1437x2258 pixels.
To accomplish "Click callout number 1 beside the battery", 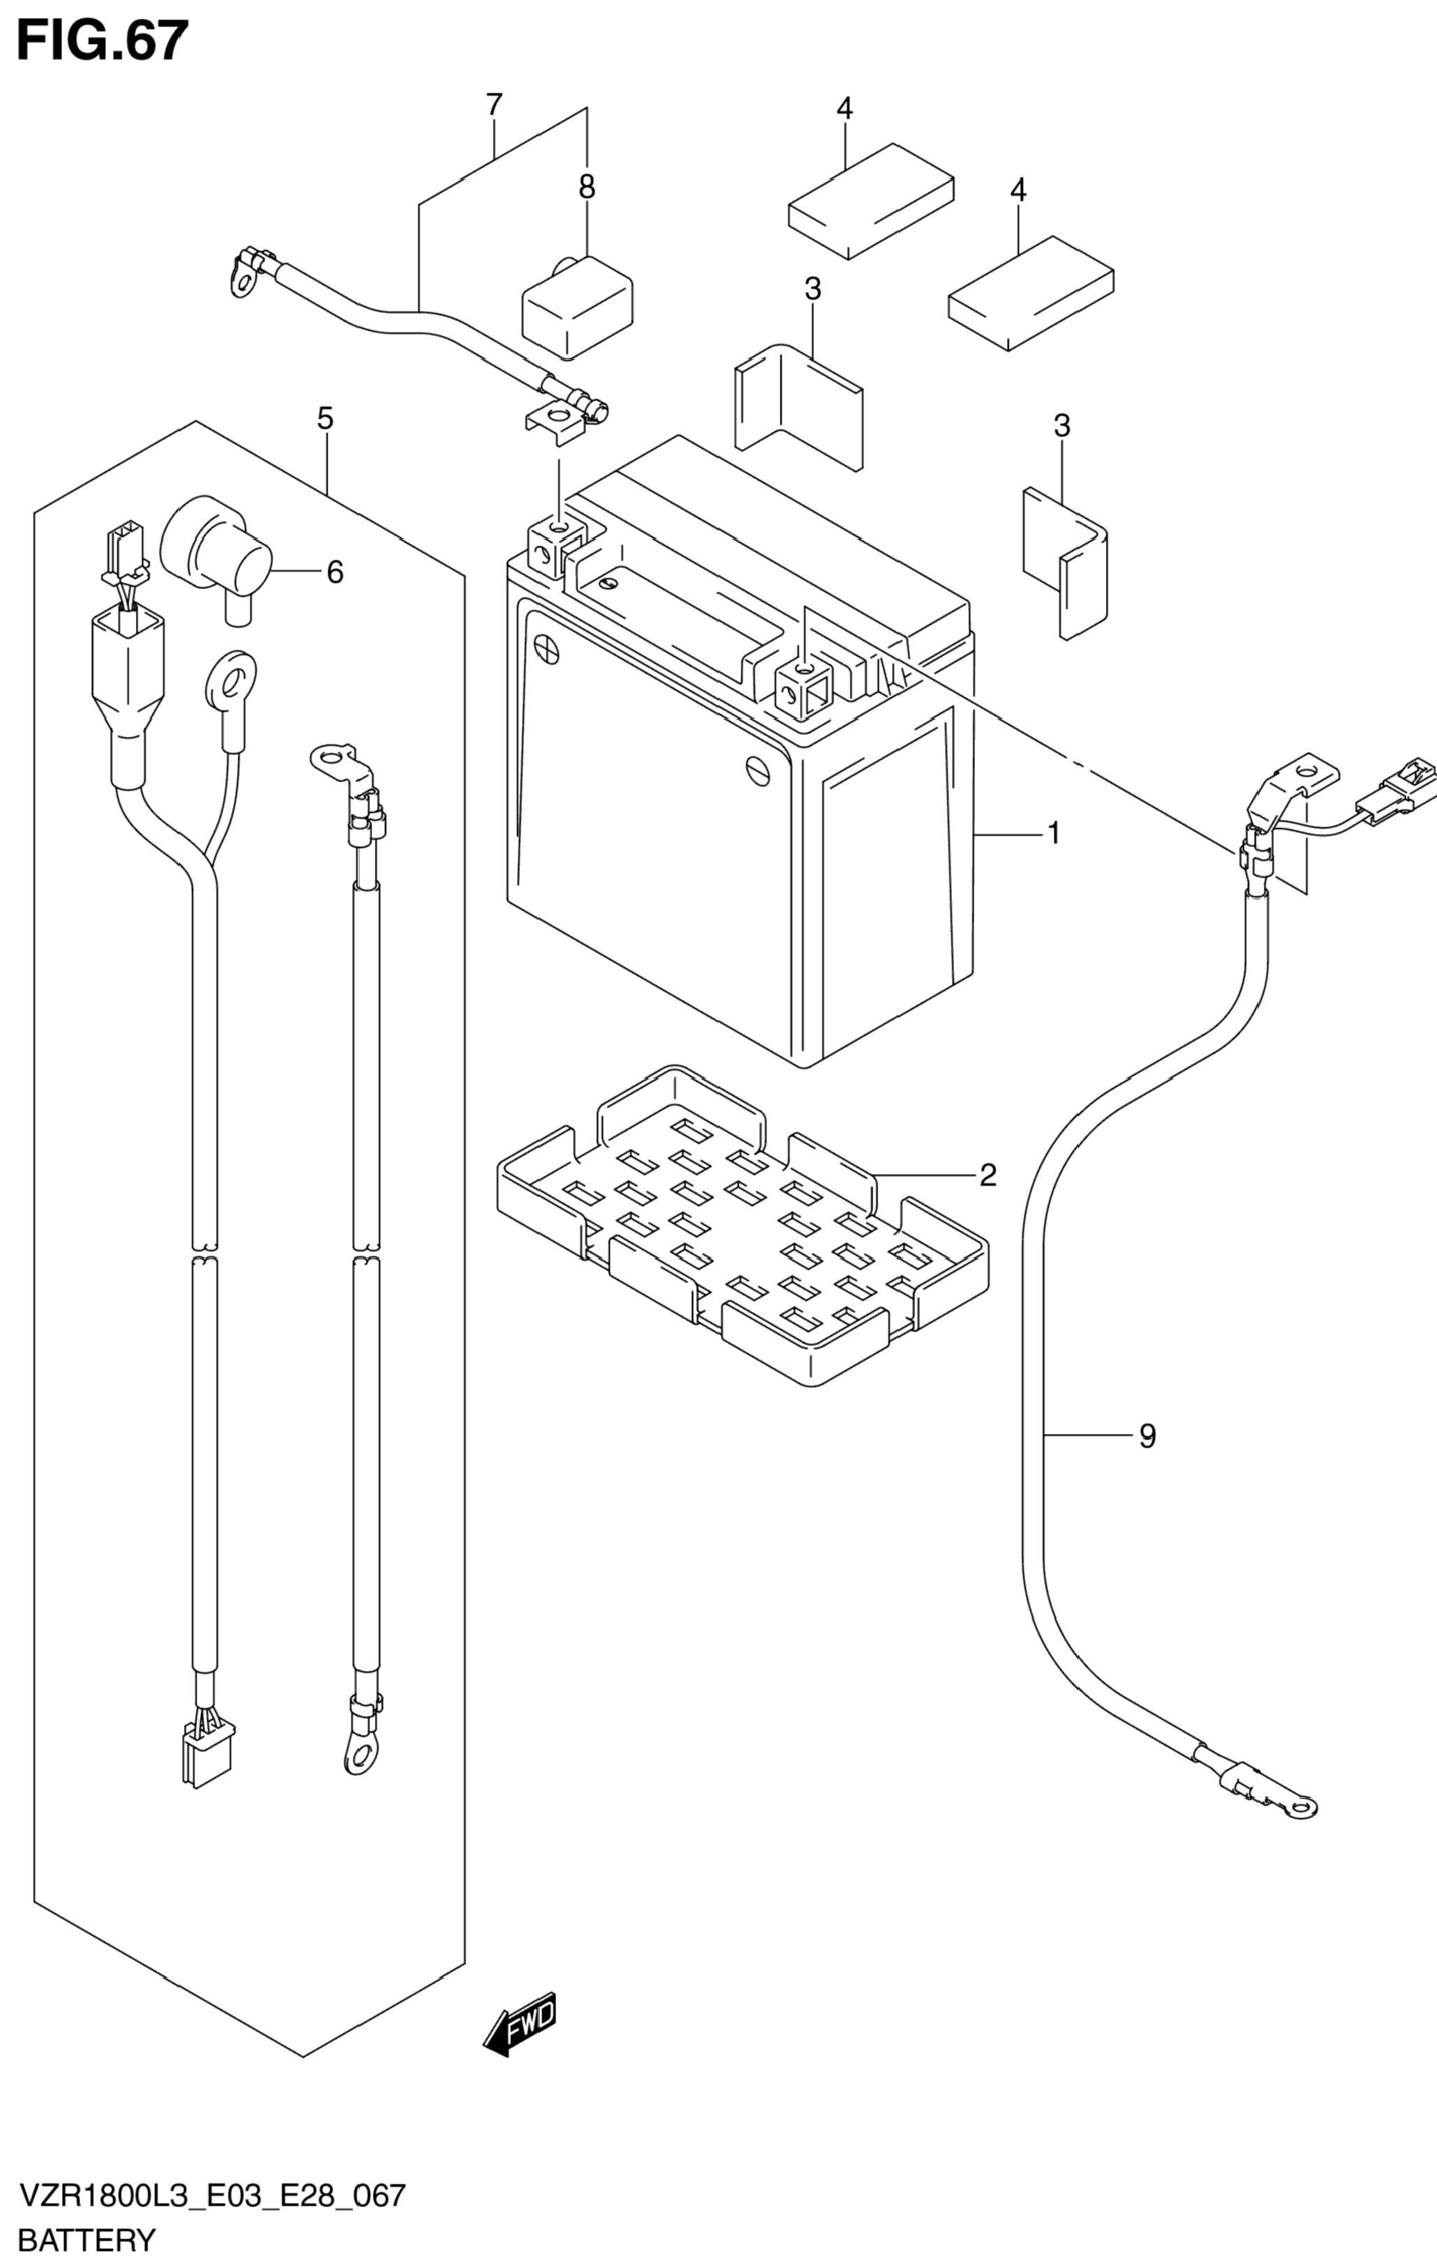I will [1054, 832].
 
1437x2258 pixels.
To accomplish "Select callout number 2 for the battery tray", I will [987, 1174].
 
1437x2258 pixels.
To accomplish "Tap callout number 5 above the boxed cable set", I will [324, 418].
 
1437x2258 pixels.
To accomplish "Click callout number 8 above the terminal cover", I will [587, 188].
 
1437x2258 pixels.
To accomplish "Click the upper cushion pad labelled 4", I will [871, 201].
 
